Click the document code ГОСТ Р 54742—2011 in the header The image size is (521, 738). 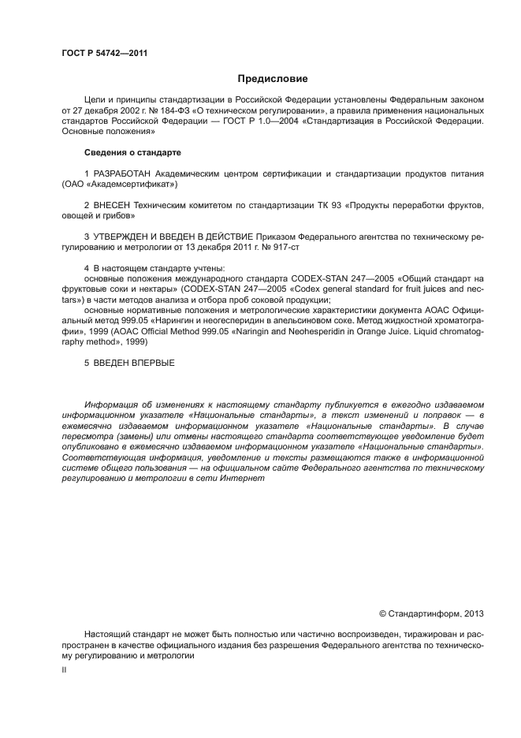pyautogui.click(x=104, y=53)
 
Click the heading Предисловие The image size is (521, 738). pyautogui.click(x=273, y=79)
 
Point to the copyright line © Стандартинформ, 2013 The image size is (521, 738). pyautogui.click(x=431, y=613)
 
